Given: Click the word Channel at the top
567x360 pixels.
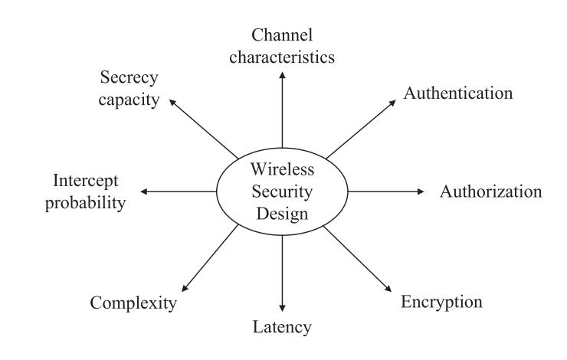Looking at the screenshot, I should (283, 34).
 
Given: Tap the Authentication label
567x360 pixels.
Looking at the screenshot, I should (458, 94).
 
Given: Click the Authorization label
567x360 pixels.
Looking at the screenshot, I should (490, 191).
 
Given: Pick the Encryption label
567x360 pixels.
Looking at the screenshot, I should (442, 301).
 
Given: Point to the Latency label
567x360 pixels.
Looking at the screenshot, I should (283, 328).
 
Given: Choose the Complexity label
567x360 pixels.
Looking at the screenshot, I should (134, 303).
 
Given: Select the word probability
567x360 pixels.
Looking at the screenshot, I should (88, 202).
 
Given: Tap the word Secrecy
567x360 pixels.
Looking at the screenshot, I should (129, 77).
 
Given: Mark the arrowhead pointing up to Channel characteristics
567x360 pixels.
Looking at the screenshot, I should (283, 73).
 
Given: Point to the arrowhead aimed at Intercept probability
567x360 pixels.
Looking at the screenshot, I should (146, 191).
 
